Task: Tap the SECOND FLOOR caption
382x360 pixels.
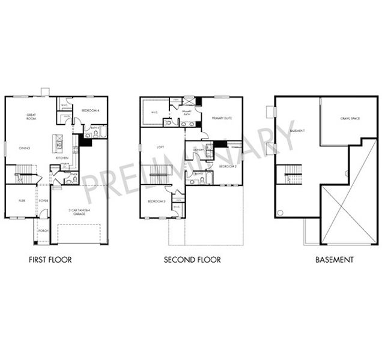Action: click(x=192, y=260)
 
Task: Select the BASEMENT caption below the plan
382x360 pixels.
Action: click(x=334, y=260)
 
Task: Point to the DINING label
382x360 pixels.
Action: click(x=24, y=147)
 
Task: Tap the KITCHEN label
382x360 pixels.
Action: click(x=62, y=158)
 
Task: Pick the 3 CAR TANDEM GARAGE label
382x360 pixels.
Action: click(x=80, y=212)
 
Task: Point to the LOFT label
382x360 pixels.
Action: click(x=160, y=146)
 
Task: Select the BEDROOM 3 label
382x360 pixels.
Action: click(x=156, y=202)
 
